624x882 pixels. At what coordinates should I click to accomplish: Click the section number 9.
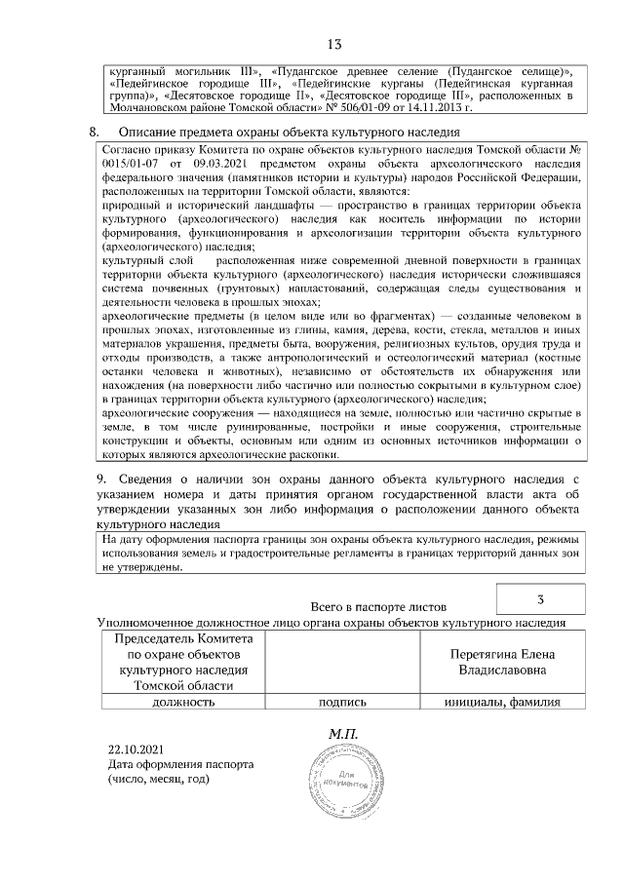coord(100,479)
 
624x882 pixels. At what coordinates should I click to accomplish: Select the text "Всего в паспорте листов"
coord(377,606)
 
